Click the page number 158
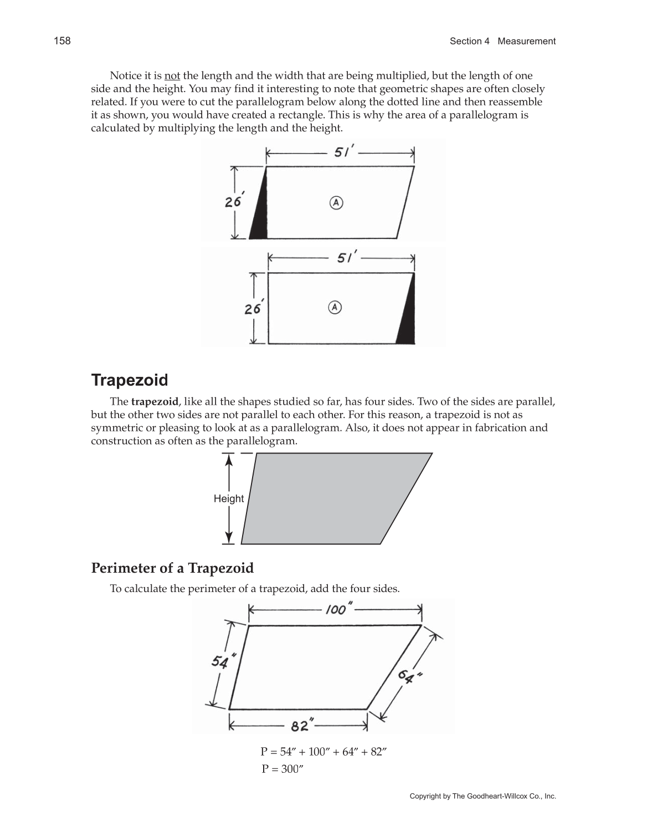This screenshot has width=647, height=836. click(x=62, y=40)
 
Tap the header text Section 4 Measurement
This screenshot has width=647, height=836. click(x=502, y=41)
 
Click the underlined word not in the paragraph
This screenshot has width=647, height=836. click(x=172, y=75)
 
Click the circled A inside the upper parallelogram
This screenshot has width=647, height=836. click(x=336, y=203)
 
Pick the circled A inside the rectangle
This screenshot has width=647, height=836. click(x=335, y=307)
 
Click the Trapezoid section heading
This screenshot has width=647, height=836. click(x=129, y=380)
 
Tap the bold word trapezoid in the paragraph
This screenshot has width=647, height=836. click(x=155, y=401)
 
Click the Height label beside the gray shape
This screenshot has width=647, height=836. click(x=228, y=498)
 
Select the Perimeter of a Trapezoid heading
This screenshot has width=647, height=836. click(x=172, y=568)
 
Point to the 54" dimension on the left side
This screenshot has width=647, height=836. click(x=223, y=661)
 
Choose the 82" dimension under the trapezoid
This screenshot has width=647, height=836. click(x=302, y=725)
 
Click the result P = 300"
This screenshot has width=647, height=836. click(x=283, y=769)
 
